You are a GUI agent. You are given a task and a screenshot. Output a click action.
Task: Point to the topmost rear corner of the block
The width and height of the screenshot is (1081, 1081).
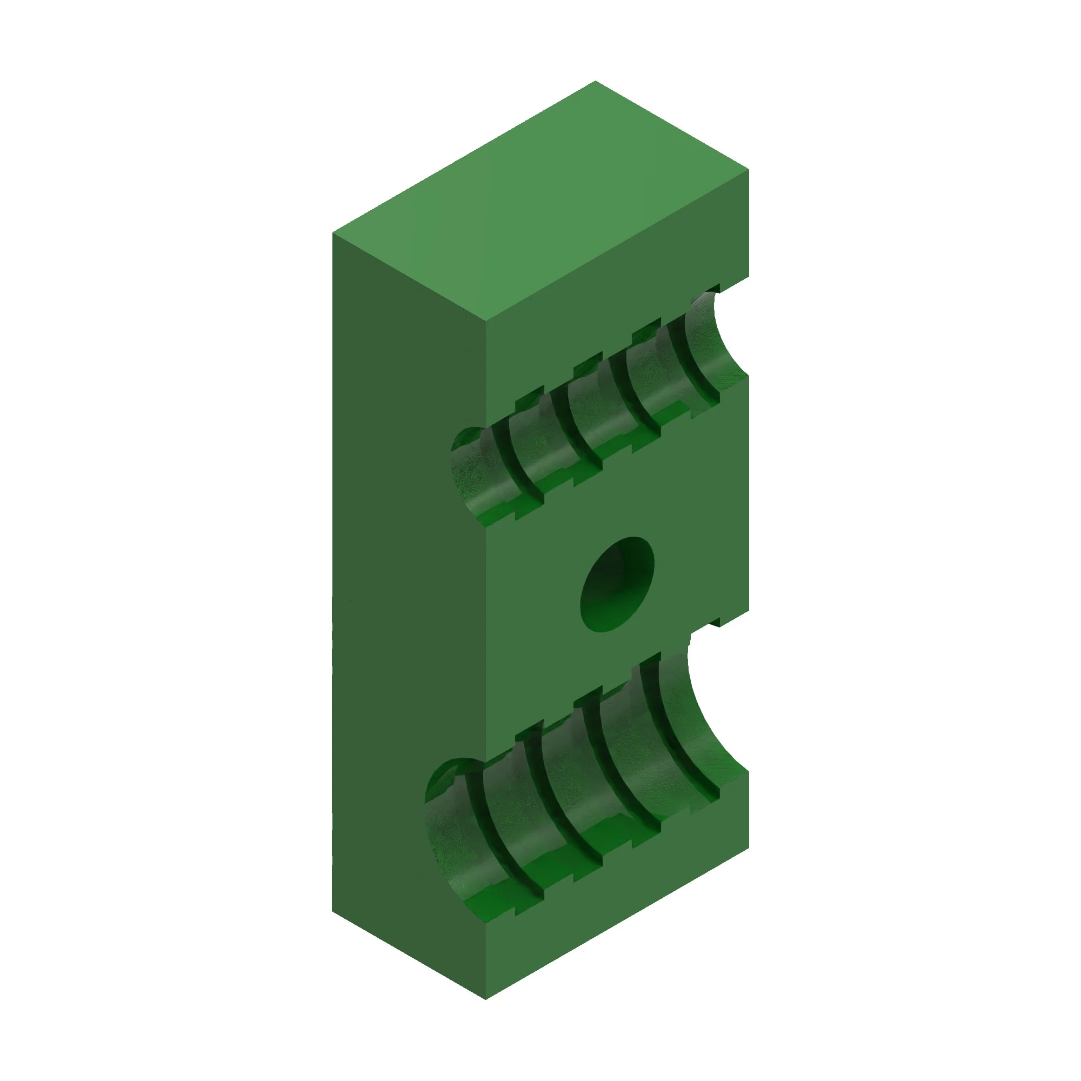click(x=595, y=82)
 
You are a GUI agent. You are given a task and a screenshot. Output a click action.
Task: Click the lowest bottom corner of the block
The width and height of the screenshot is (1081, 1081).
click(x=486, y=999)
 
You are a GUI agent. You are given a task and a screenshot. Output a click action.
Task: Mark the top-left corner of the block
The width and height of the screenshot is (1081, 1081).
click(x=333, y=233)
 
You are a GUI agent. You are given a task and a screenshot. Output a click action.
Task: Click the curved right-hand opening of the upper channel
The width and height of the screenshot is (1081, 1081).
click(x=728, y=336)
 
